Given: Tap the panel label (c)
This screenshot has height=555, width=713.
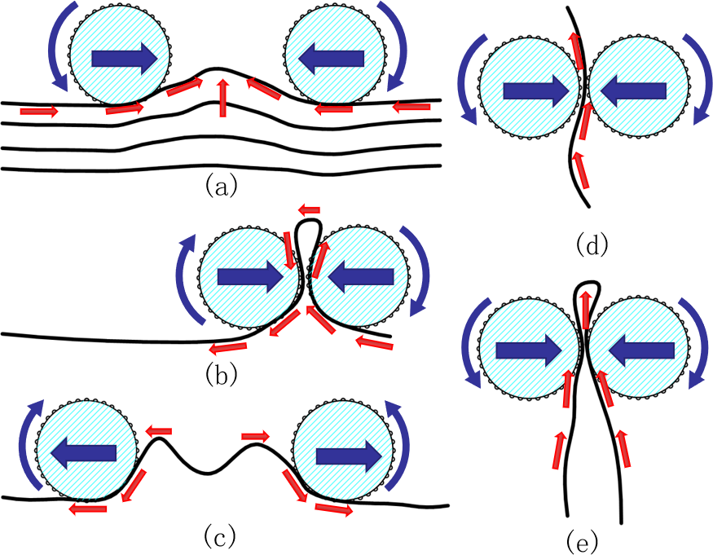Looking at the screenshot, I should click(219, 535).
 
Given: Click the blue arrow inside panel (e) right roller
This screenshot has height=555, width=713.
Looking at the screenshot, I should click(640, 350).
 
